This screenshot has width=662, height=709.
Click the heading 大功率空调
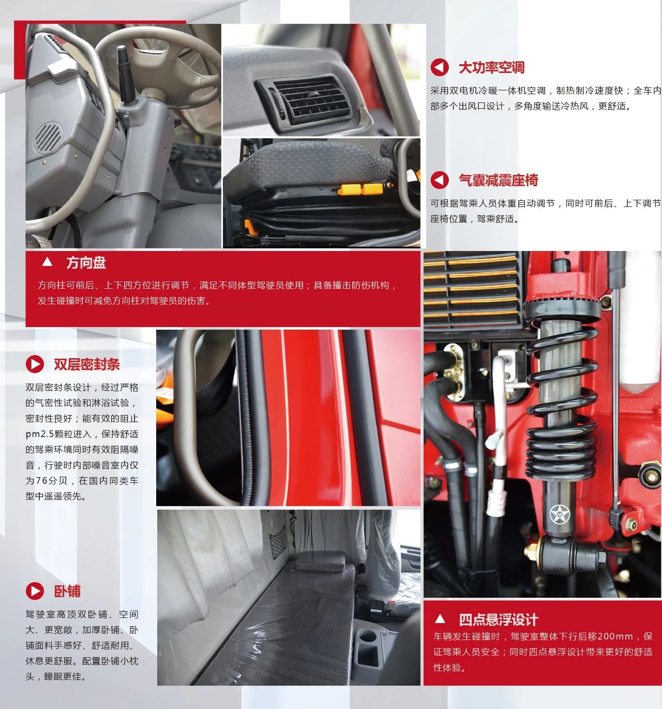[491, 67]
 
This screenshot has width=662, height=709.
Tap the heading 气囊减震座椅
[498, 180]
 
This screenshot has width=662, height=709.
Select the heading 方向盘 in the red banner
[86, 263]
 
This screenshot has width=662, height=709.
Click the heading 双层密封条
[87, 364]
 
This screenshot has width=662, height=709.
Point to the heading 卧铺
[67, 591]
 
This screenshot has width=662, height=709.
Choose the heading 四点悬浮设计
[498, 620]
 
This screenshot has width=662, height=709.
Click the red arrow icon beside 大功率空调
[439, 67]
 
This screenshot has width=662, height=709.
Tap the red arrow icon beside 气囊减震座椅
[439, 180]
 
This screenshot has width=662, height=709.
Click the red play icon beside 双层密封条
[35, 364]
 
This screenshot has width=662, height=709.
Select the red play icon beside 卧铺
[35, 591]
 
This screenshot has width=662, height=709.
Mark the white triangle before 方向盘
[47, 262]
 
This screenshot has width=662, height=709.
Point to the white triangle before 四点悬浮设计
[440, 618]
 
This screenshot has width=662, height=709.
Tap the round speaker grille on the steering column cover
[48, 138]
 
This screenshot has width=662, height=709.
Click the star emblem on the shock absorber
[560, 514]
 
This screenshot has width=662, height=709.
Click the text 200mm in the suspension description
[614, 637]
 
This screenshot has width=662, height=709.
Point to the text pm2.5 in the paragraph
[39, 434]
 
